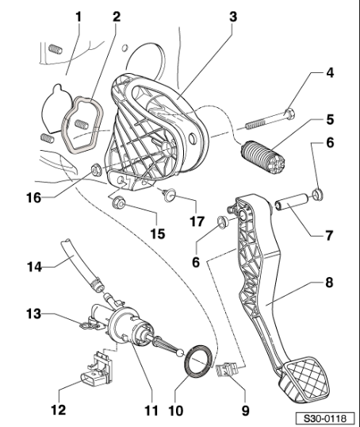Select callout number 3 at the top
[x=232, y=14]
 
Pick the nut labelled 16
[x=94, y=167]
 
